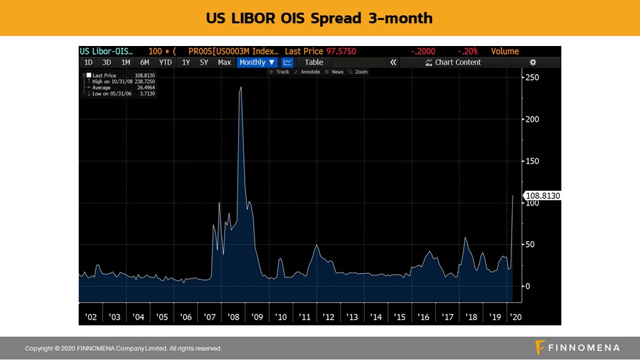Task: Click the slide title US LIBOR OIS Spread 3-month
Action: click(x=319, y=18)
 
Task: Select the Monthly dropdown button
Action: click(x=257, y=62)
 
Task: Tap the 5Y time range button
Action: click(x=204, y=62)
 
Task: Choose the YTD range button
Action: click(x=165, y=62)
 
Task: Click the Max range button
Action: click(x=224, y=62)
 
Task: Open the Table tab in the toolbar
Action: click(x=314, y=62)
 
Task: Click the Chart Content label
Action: click(x=457, y=62)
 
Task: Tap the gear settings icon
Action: click(x=533, y=62)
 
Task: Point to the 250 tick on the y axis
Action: click(x=531, y=77)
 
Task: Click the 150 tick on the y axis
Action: click(x=531, y=161)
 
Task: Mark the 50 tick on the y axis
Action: click(x=530, y=245)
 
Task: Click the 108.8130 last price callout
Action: click(x=543, y=196)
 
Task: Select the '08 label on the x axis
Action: click(x=233, y=317)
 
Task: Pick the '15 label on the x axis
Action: click(x=399, y=317)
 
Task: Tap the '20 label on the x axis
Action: click(x=516, y=317)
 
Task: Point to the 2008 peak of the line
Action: click(x=241, y=87)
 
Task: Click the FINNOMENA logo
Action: click(x=577, y=347)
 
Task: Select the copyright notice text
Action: click(x=123, y=349)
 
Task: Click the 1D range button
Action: click(x=88, y=62)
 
